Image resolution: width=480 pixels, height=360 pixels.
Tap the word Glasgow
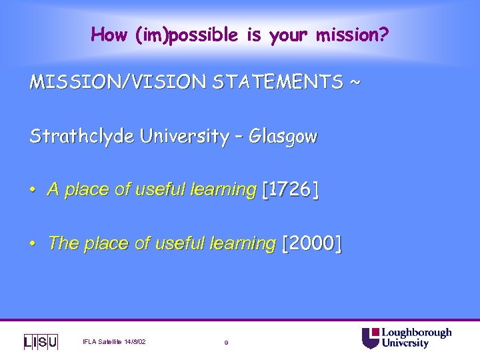click(x=283, y=137)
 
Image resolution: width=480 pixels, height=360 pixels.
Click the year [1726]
click(x=291, y=190)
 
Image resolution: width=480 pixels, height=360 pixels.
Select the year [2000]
click(x=312, y=243)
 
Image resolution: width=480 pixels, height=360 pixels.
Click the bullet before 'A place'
click(x=33, y=191)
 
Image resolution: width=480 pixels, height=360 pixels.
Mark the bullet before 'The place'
click(x=33, y=244)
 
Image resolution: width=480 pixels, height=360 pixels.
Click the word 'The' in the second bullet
click(x=63, y=243)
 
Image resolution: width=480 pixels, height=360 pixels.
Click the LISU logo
click(x=41, y=342)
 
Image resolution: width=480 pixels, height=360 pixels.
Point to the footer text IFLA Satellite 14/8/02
click(x=114, y=342)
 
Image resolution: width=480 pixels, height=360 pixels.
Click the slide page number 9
click(x=227, y=343)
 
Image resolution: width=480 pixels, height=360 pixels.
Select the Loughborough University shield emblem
click(x=370, y=338)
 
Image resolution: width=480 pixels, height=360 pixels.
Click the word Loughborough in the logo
click(x=416, y=333)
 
